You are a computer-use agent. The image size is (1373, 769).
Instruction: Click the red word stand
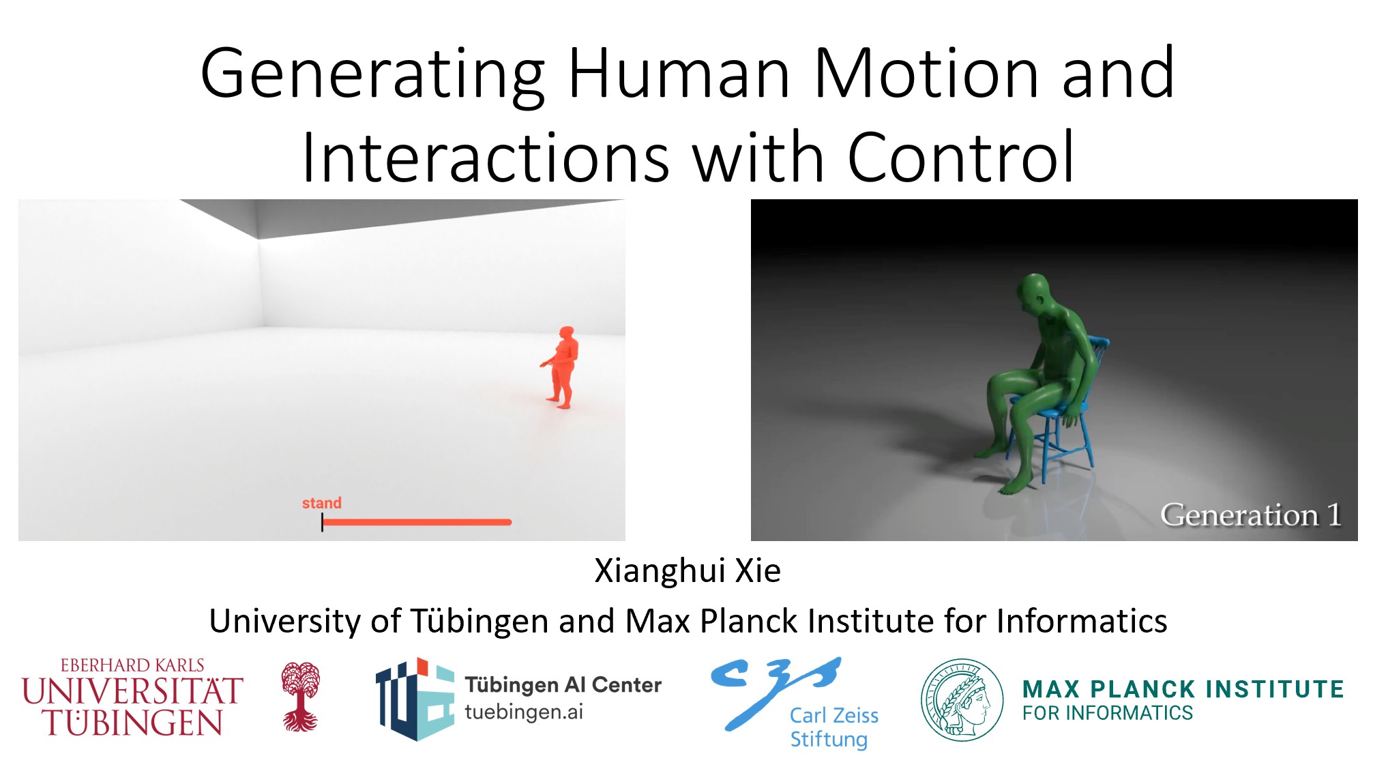click(x=322, y=503)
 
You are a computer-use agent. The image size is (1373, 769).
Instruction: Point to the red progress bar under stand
click(x=417, y=522)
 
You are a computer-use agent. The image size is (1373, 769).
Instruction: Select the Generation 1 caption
click(x=1251, y=514)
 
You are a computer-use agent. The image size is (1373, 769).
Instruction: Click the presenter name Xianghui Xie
click(x=688, y=570)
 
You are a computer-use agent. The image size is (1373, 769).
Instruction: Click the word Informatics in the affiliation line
click(x=1081, y=621)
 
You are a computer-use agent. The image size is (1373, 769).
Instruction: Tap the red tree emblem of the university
click(x=300, y=696)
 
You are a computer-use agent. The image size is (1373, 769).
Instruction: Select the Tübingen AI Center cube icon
click(x=415, y=699)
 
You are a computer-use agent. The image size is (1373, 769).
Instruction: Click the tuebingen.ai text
click(x=524, y=712)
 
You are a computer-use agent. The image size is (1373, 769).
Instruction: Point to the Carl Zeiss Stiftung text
click(x=833, y=727)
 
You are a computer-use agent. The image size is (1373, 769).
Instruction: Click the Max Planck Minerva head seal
click(x=962, y=699)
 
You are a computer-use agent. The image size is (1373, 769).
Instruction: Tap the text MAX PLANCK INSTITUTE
click(x=1183, y=689)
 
